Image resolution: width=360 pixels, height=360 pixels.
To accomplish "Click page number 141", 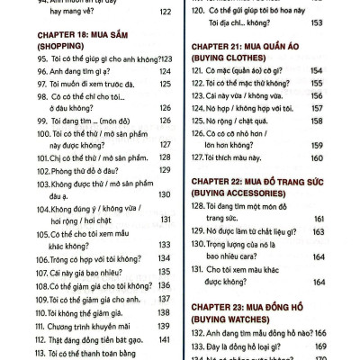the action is point(165,338).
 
